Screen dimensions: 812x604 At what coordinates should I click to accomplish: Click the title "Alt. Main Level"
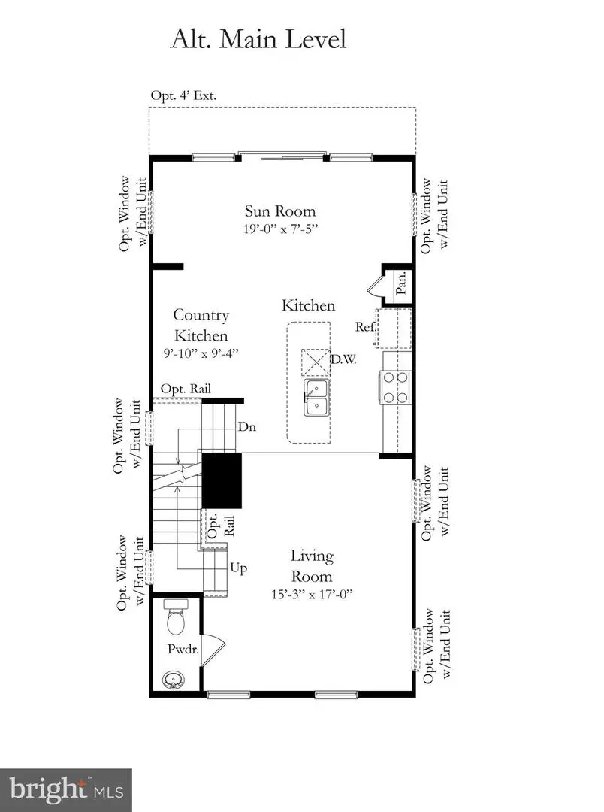pyautogui.click(x=259, y=38)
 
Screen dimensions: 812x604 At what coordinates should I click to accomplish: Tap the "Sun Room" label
pyautogui.click(x=280, y=211)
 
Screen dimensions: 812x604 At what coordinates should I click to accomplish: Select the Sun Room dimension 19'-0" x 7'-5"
pyautogui.click(x=280, y=229)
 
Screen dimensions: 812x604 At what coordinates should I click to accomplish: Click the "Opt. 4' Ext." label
pyautogui.click(x=184, y=95)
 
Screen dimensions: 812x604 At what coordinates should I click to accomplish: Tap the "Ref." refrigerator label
pyautogui.click(x=366, y=326)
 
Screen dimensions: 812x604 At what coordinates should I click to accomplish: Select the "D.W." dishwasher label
pyautogui.click(x=343, y=360)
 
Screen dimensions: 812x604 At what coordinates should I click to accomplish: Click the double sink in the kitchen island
pyautogui.click(x=317, y=397)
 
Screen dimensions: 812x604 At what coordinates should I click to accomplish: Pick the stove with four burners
pyautogui.click(x=396, y=388)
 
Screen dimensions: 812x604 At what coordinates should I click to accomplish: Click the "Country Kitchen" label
pyautogui.click(x=201, y=325)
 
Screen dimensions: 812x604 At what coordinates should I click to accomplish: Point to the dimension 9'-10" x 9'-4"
pyautogui.click(x=201, y=352)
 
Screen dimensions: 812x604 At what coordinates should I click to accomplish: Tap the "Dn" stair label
pyautogui.click(x=247, y=426)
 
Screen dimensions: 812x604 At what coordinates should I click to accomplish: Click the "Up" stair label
pyautogui.click(x=240, y=568)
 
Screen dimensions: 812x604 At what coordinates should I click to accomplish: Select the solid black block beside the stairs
pyautogui.click(x=222, y=480)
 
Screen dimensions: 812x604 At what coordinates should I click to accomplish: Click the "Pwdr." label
pyautogui.click(x=183, y=650)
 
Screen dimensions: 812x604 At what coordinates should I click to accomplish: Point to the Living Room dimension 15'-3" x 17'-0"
pyautogui.click(x=312, y=594)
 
